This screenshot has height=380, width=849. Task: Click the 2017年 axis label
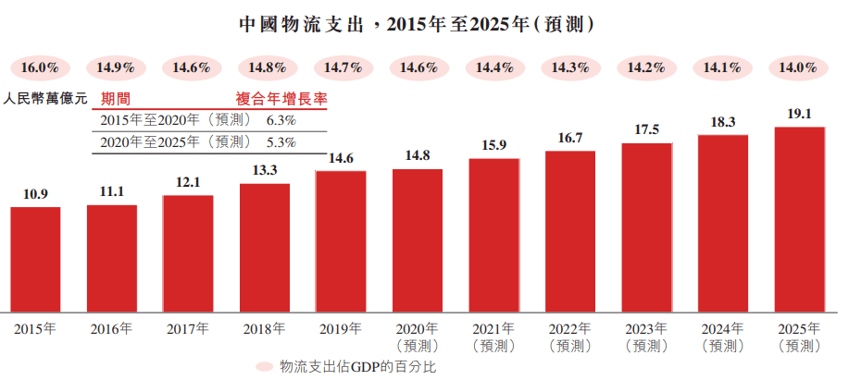(x=188, y=328)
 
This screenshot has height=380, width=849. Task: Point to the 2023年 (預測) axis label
(x=646, y=337)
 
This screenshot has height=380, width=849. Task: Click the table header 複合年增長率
(x=282, y=97)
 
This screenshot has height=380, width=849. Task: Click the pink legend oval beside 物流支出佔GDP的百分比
(x=266, y=367)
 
